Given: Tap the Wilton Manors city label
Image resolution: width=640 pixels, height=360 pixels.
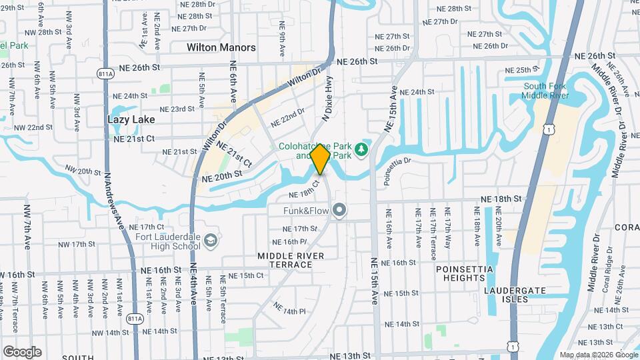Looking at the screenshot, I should coord(221,47).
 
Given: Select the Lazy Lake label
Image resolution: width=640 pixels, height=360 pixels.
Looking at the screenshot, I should coord(131,119).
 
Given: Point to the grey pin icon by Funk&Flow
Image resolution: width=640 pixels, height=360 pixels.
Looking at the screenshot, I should coord(340,211).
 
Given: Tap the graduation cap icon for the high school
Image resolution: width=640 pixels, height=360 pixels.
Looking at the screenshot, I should coord(211,239).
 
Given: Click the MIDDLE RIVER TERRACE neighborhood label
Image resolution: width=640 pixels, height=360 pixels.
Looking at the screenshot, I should coord(291,260).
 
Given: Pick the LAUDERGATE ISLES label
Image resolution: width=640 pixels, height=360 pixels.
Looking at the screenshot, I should coord(516,295).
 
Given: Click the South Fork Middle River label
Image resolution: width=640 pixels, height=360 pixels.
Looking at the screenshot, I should coord(545,91).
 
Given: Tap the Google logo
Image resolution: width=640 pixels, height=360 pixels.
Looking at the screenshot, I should coord(22,352).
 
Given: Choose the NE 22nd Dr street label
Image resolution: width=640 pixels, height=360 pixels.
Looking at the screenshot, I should coord(287,119).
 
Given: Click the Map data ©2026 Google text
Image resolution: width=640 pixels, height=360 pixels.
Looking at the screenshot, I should coord(598,355).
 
